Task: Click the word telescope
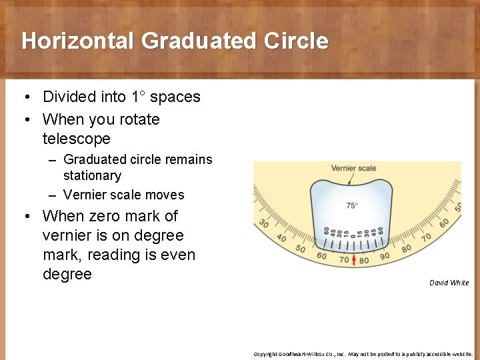tap(77, 139)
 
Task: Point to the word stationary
tap(92, 176)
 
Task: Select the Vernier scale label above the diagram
tap(353, 168)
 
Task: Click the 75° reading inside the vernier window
tap(352, 205)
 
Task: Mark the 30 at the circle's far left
tap(263, 224)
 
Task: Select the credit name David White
tap(449, 283)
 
